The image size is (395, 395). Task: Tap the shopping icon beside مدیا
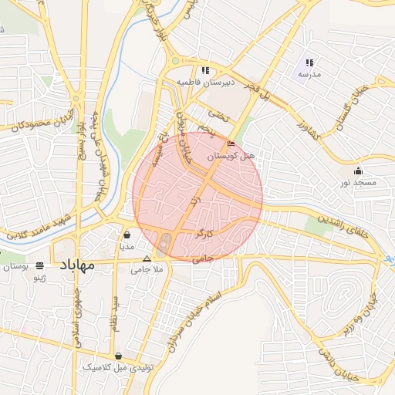tap(127, 235)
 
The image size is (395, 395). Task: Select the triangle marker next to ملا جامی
tap(147, 259)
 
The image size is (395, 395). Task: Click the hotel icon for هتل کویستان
tap(231, 144)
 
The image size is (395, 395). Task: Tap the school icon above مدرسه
tap(309, 62)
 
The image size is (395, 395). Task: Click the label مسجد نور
tap(358, 183)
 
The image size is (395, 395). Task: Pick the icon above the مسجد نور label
tap(358, 171)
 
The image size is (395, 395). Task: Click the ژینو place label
tap(47, 277)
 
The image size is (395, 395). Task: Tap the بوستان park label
tap(16, 266)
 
